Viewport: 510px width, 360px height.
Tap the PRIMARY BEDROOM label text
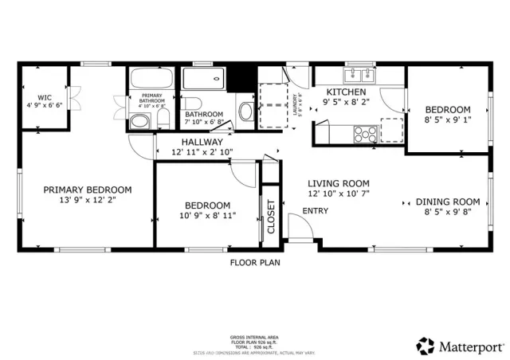tap(87, 190)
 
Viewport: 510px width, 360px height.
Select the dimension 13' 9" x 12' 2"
tap(87, 201)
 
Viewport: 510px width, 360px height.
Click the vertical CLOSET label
tap(270, 215)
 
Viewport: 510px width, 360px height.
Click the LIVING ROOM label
tap(339, 182)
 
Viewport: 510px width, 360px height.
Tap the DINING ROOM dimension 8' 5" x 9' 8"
tap(448, 213)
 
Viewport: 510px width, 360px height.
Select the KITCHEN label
tap(346, 92)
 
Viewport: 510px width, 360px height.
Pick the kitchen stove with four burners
tap(364, 132)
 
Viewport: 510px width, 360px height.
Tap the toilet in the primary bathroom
tap(140, 121)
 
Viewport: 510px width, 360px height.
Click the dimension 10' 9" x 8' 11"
tap(207, 215)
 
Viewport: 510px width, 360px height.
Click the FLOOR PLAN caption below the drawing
tap(254, 261)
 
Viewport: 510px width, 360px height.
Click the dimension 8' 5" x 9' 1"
tap(447, 120)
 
